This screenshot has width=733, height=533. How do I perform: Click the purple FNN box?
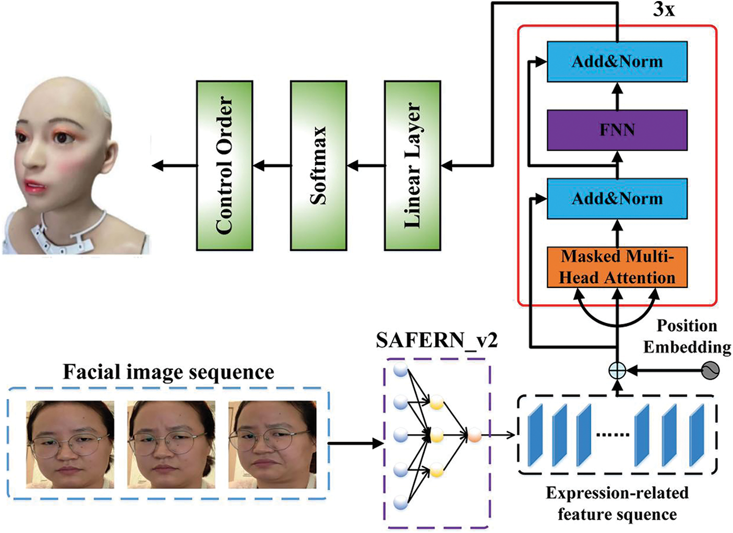click(617, 130)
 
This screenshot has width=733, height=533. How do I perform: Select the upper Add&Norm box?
click(617, 62)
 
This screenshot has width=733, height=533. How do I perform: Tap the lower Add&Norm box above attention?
click(617, 199)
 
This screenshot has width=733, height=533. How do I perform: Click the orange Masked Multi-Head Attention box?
click(617, 267)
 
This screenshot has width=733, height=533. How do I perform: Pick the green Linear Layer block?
click(412, 165)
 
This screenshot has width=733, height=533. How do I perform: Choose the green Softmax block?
click(318, 165)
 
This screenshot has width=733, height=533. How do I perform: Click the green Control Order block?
click(224, 165)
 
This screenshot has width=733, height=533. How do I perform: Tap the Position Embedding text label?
click(687, 336)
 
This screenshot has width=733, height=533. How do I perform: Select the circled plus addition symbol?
click(617, 371)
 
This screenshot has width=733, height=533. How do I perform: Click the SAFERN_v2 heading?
click(436, 340)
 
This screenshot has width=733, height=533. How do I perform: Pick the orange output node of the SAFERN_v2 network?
click(474, 434)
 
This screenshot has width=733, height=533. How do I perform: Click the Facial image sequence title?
click(169, 372)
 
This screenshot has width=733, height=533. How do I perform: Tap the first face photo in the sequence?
click(70, 444)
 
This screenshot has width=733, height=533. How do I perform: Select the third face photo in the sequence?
click(272, 444)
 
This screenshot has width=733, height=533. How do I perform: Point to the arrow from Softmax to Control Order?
click(272, 166)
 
